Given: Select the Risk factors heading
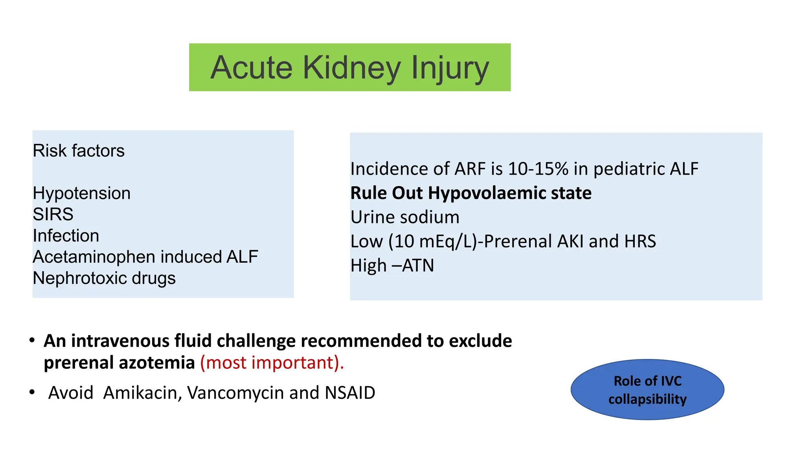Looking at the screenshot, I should pos(79,151).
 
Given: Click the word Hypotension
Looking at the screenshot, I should pos(81,193).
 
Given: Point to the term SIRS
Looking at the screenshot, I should pos(53,215).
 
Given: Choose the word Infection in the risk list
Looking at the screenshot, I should pos(66,236).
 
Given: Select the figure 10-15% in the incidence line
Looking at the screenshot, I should pos(538,169).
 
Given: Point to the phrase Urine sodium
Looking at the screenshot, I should pos(405,217).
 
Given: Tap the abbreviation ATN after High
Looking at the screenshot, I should pos(418,266).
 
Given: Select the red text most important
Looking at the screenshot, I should pos(272,363).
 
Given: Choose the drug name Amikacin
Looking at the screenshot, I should pos(140,393).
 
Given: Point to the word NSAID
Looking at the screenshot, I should pos(350,393).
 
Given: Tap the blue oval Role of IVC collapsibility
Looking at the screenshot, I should pos(647,390).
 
